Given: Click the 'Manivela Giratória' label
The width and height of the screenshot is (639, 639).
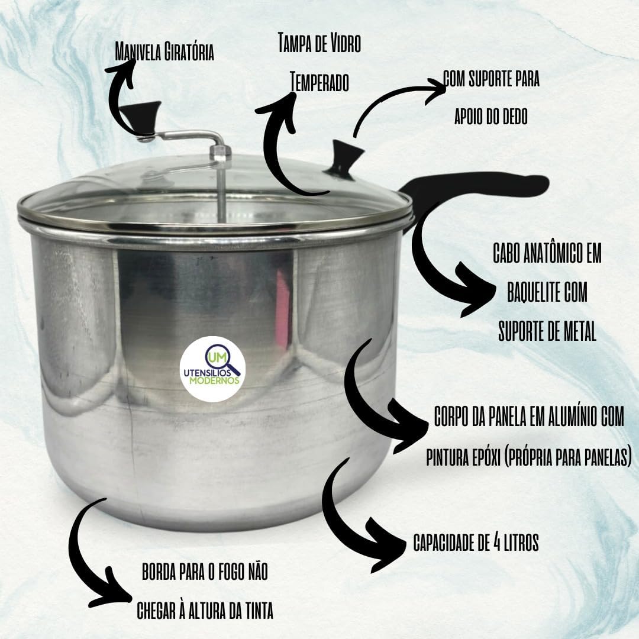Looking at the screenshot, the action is pyautogui.click(x=164, y=51).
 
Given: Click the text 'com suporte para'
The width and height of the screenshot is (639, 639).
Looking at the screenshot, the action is pyautogui.click(x=492, y=79).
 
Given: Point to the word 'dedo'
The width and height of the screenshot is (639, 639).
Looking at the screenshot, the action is pyautogui.click(x=512, y=116).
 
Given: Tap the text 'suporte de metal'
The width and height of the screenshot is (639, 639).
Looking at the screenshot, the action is pyautogui.click(x=547, y=331).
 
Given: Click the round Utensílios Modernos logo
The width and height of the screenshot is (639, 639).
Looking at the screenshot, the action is pyautogui.click(x=212, y=369).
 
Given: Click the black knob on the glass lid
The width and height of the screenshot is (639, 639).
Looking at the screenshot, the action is pyautogui.click(x=346, y=159).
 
